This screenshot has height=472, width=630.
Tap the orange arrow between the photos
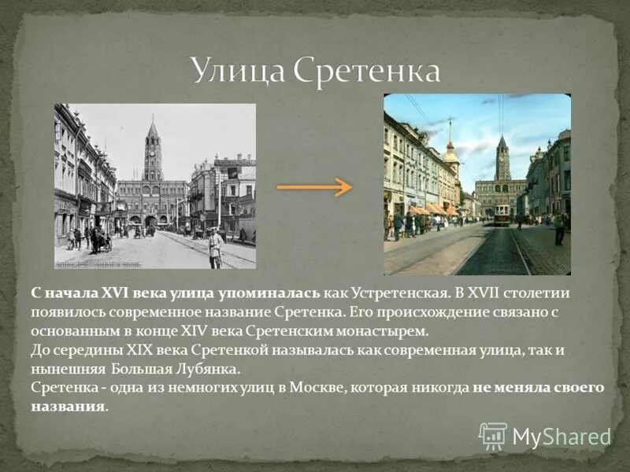314,187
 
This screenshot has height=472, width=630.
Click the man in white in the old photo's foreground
215,248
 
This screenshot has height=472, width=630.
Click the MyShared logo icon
493,435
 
